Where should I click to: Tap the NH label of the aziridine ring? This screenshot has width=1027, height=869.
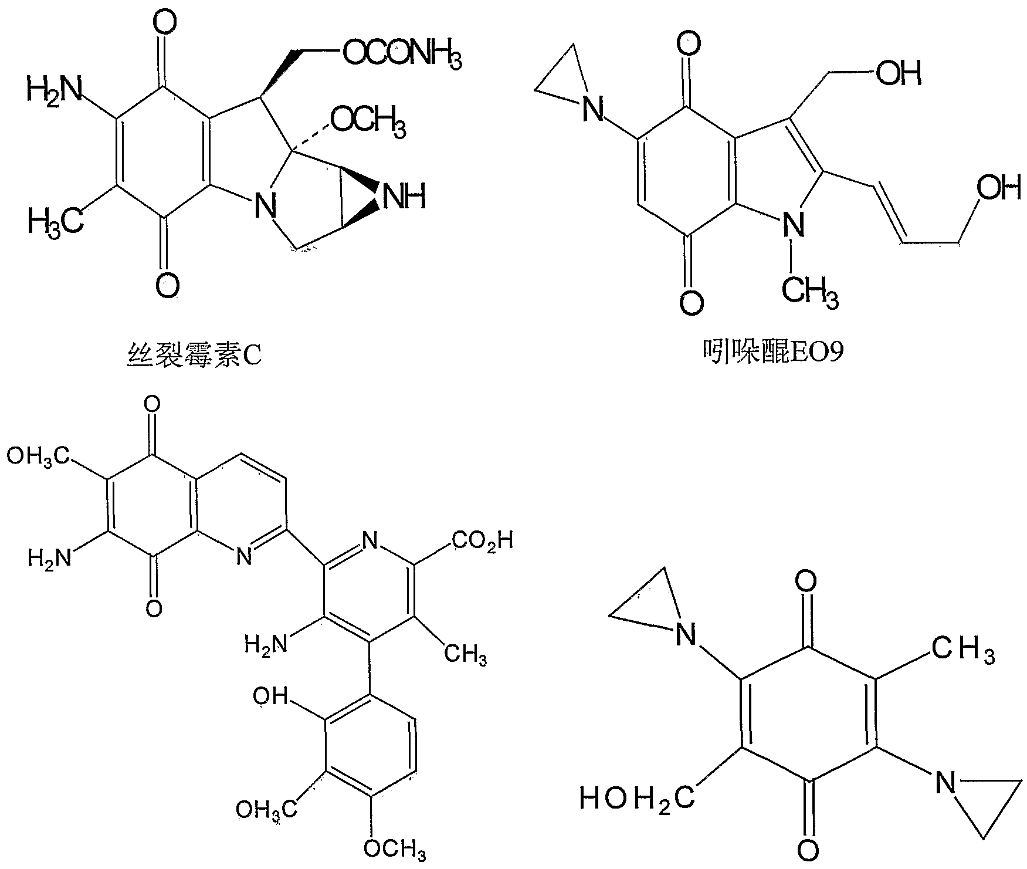pyautogui.click(x=403, y=197)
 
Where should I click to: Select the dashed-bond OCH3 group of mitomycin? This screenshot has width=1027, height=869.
pyautogui.click(x=368, y=121)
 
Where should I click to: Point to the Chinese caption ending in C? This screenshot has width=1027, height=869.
pyautogui.click(x=194, y=355)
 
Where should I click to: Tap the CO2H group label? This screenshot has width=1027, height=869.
pyautogui.click(x=482, y=540)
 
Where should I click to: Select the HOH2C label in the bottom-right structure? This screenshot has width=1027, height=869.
pyautogui.click(x=637, y=799)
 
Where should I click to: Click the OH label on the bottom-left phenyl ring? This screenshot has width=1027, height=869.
pyautogui.click(x=270, y=696)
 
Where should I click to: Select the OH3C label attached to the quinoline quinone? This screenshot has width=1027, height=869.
pyautogui.click(x=38, y=456)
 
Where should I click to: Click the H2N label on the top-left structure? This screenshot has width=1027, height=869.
pyautogui.click(x=53, y=90)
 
